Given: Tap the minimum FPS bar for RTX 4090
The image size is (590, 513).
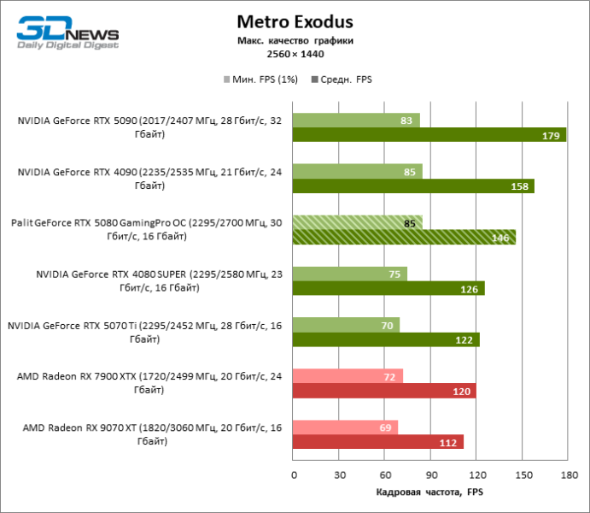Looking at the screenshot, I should pos(357,171).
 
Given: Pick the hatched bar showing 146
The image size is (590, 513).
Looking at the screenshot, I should pos(404,237).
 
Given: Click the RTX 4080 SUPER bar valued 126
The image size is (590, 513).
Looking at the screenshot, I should pos(388,288).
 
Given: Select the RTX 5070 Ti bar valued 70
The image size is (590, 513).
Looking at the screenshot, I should pos(346,325).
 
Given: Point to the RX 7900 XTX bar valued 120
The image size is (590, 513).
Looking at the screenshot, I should pos(384,391).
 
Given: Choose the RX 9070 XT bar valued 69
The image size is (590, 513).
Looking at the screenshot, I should pos(345,427).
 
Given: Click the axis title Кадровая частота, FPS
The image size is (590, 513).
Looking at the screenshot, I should pos(429,492).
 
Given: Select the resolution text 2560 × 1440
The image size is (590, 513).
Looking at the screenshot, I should pos(295,54).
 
